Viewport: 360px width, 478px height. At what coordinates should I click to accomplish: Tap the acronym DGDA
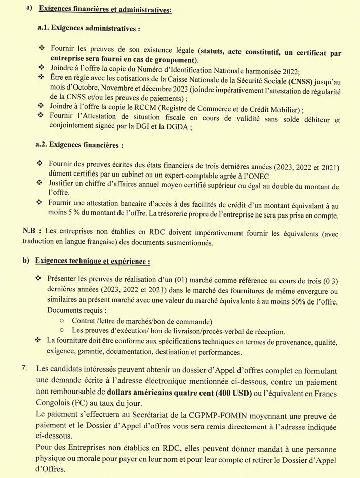(x=175, y=127)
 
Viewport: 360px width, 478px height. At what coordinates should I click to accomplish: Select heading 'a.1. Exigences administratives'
(x=89, y=29)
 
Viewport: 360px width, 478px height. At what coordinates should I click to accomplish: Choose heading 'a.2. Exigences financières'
(x=79, y=145)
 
